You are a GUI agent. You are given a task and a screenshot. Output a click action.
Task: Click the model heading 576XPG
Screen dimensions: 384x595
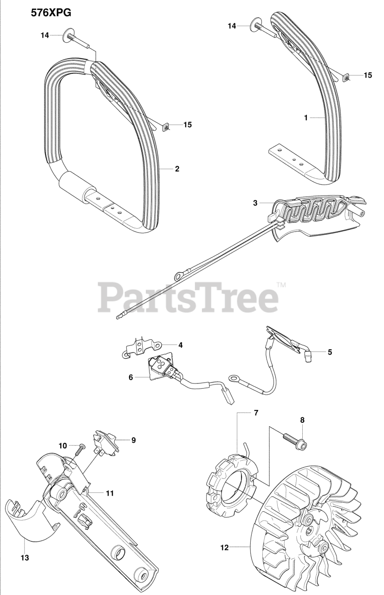coord(51,13)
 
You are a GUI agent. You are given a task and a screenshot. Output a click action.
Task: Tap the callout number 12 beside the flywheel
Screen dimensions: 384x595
coord(224,548)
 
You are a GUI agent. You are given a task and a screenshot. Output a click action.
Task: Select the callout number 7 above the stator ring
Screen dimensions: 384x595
coord(255,412)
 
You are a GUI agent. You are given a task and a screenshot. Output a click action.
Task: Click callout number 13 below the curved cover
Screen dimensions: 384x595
coord(25,558)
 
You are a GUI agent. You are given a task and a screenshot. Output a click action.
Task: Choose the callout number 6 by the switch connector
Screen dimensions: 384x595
coord(130,377)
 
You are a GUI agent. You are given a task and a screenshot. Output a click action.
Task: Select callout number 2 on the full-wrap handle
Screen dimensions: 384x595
coord(177,169)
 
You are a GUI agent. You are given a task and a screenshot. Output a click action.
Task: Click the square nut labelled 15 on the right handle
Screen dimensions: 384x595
coord(346,78)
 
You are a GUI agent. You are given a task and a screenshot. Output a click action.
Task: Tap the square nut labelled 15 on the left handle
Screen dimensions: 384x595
coord(165,126)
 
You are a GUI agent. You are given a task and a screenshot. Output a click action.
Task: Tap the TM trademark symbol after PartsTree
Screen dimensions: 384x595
coord(281,284)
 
